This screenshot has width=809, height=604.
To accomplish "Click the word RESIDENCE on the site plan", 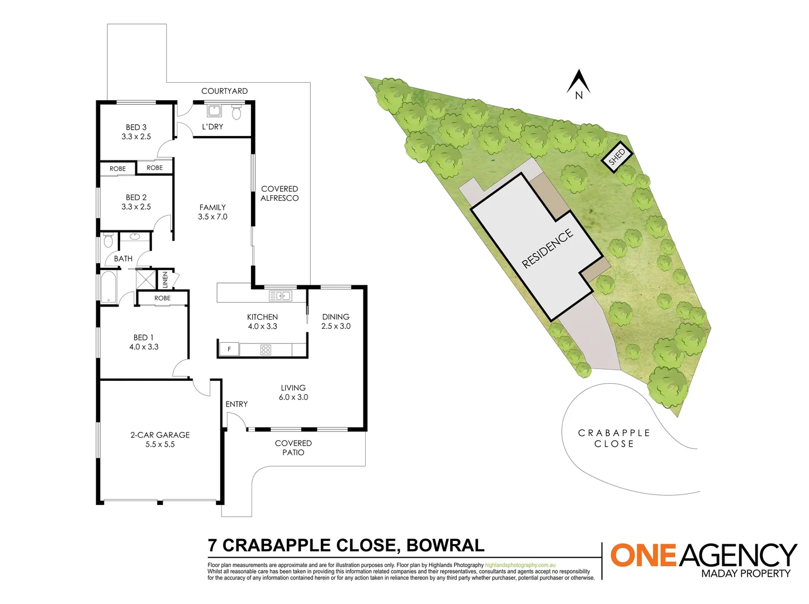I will (547, 248).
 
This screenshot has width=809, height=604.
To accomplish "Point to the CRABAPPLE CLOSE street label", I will (614, 438).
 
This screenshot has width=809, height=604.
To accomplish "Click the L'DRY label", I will (212, 127).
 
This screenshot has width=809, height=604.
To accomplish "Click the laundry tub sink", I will (214, 110).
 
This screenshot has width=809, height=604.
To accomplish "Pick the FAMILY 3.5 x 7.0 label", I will (212, 212).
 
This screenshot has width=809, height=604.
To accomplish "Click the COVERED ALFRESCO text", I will (280, 194).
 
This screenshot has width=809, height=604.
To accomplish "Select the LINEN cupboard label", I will (165, 280).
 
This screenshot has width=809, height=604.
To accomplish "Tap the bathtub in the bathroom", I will (108, 287).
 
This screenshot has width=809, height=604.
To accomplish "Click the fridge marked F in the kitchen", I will (229, 350).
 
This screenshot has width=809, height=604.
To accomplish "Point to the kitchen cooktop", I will (266, 350).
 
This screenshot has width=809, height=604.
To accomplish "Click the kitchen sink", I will (280, 296).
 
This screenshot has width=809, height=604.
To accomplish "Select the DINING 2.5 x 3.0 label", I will (335, 322).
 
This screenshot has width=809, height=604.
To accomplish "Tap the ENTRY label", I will (236, 404).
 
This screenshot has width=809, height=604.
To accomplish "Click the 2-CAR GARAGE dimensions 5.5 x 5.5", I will (160, 445).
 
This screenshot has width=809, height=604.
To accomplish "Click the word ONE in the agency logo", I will (643, 555).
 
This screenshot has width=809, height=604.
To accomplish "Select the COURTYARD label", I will (224, 91).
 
